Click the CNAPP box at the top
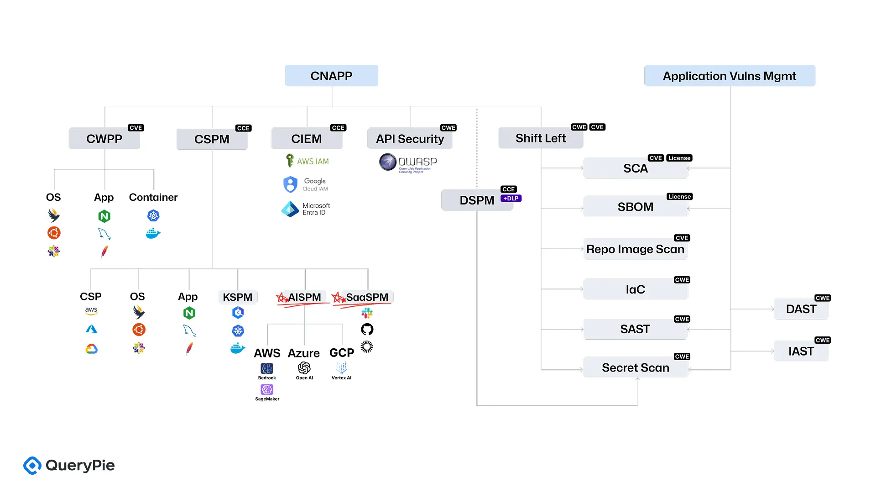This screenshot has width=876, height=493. pyautogui.click(x=332, y=76)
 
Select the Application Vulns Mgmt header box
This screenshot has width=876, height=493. pyautogui.click(x=729, y=76)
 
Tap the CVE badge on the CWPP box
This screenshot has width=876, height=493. pyautogui.click(x=136, y=128)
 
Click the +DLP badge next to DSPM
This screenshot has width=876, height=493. pyautogui.click(x=511, y=199)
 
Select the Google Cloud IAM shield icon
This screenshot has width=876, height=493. pyautogui.click(x=290, y=184)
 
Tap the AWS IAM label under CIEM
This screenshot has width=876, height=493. pyautogui.click(x=313, y=161)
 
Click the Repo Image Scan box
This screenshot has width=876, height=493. pyautogui.click(x=635, y=249)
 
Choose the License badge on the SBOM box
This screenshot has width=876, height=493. pyautogui.click(x=679, y=197)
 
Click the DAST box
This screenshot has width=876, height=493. pyautogui.click(x=801, y=309)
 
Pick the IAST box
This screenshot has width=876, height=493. pyautogui.click(x=801, y=351)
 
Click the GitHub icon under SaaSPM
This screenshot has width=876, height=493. pyautogui.click(x=367, y=329)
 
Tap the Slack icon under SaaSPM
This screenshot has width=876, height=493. pyautogui.click(x=367, y=313)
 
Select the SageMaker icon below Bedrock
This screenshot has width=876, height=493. pyautogui.click(x=267, y=389)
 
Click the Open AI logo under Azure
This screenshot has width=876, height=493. pyautogui.click(x=304, y=368)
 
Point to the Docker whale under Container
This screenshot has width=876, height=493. pyautogui.click(x=153, y=234)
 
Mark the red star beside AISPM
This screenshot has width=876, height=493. pyautogui.click(x=282, y=298)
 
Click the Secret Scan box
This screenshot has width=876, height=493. pyautogui.click(x=635, y=367)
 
